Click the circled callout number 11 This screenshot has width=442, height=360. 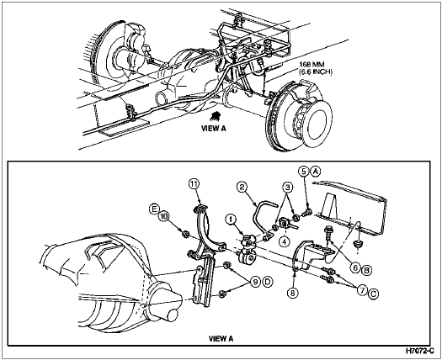[194, 184]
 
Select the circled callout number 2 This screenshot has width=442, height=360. [242, 187]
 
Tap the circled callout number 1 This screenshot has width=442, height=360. [232, 219]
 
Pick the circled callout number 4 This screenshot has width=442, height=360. [285, 241]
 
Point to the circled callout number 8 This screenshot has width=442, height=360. [293, 293]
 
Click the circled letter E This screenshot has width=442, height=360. [154, 209]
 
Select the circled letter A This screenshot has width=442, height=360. [316, 171]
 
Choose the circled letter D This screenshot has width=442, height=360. [268, 282]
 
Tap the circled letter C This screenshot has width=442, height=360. [373, 294]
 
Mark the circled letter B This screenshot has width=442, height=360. [367, 271]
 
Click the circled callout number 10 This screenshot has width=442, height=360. [162, 216]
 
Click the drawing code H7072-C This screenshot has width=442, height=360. [419, 351]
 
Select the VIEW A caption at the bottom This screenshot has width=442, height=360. [221, 339]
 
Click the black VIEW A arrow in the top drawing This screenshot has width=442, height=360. [215, 115]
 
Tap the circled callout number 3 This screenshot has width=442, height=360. [287, 187]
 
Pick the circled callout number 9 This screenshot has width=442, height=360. [255, 282]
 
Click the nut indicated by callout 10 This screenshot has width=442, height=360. [185, 234]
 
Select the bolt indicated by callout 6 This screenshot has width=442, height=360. [328, 232]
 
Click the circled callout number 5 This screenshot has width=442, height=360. [304, 171]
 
